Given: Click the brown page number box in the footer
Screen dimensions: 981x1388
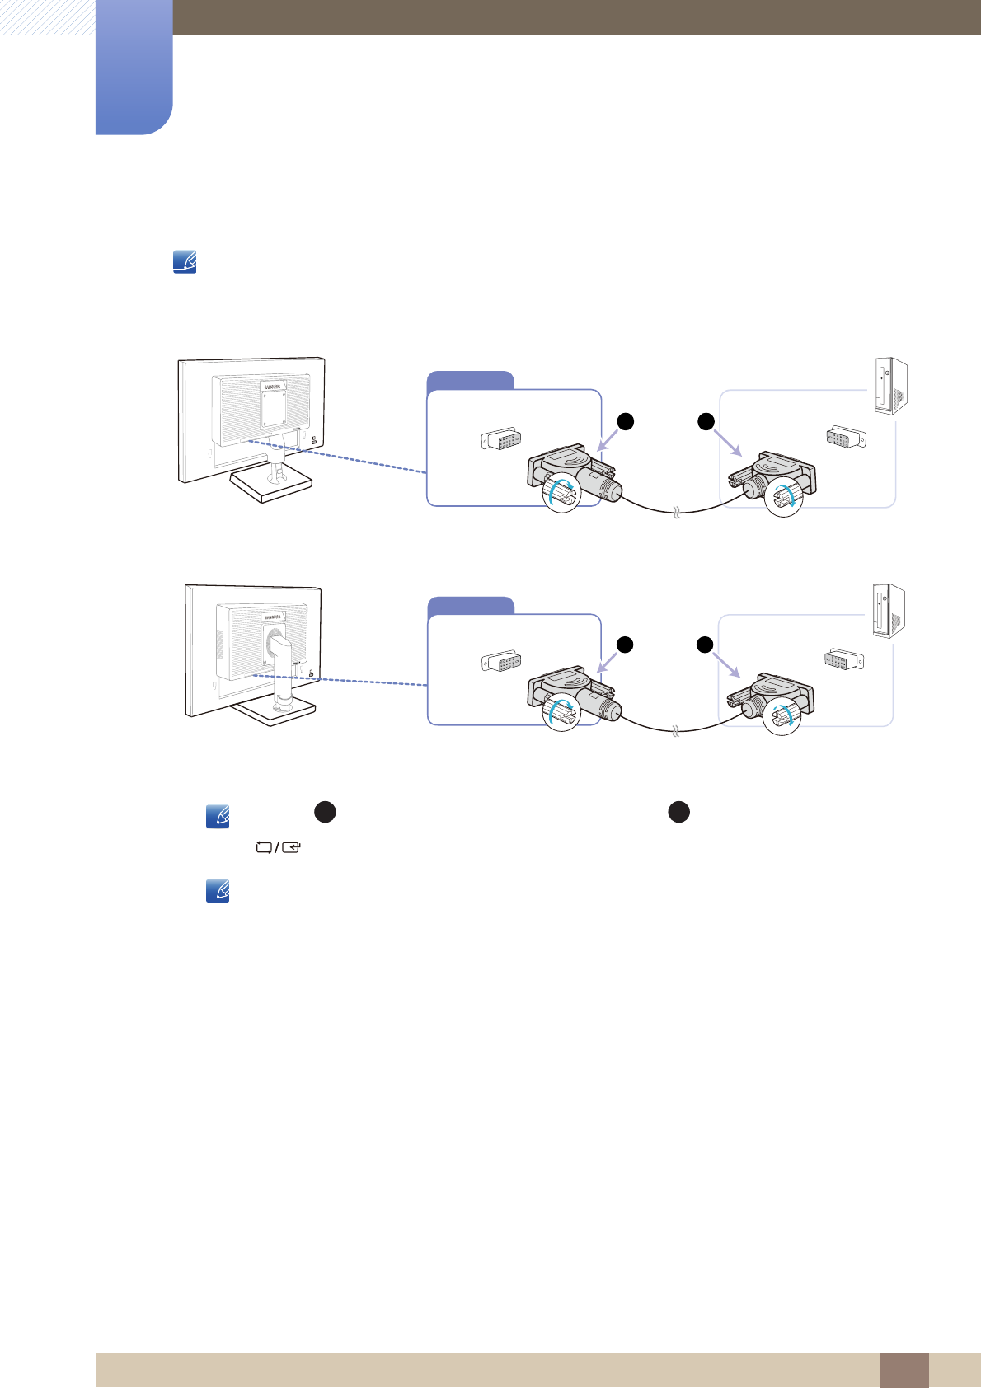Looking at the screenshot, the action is [x=904, y=1370].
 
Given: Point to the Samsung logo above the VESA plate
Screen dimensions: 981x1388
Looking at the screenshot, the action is [x=273, y=386].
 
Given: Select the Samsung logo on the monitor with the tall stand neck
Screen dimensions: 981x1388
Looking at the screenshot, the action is [x=273, y=617].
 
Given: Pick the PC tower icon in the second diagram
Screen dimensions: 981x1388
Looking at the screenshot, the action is [x=889, y=611].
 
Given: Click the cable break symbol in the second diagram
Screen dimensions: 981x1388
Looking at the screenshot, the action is [x=676, y=731].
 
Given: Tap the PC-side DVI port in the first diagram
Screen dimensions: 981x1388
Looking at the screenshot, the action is [x=846, y=438].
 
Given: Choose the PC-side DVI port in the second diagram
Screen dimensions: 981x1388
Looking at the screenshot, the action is [x=845, y=660].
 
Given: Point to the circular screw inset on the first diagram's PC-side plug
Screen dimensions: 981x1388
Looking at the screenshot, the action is [x=783, y=497].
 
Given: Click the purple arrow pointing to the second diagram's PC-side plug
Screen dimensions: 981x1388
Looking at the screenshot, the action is [x=726, y=665].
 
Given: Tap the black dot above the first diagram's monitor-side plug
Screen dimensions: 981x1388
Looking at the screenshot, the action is [x=626, y=421].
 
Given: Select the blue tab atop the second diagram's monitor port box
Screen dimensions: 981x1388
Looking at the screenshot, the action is [x=471, y=605].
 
